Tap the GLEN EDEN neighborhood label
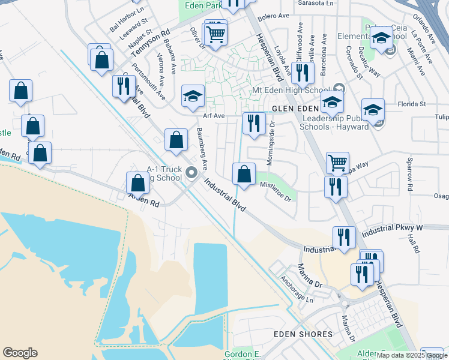[295, 109]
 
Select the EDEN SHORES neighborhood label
[303, 334]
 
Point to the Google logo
[20, 352]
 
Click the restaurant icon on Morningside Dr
[254, 123]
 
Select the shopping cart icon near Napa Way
[337, 162]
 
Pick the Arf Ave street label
[214, 116]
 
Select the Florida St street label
[413, 103]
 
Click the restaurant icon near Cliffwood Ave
[302, 73]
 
